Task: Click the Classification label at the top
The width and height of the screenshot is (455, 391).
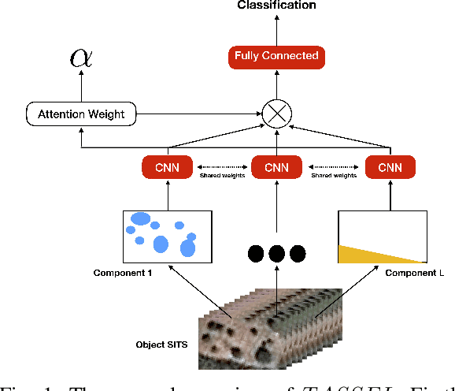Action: [276, 6]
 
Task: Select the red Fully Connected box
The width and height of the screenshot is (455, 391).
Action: [276, 56]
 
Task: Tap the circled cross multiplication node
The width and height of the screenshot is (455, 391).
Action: [276, 114]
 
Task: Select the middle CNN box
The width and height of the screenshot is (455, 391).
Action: [276, 167]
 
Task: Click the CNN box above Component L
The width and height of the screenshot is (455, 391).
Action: [390, 167]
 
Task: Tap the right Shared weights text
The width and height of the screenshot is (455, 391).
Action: [334, 177]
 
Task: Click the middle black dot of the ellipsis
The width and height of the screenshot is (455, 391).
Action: [276, 253]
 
